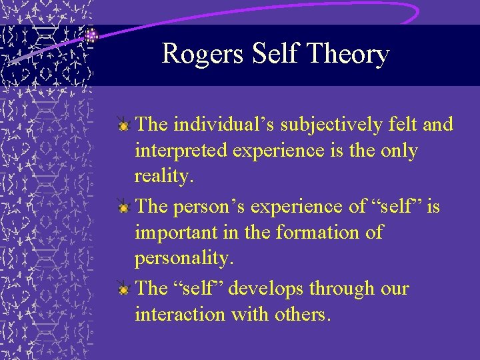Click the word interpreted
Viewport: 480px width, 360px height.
pos(182,151)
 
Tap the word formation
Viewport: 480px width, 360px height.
pos(322,233)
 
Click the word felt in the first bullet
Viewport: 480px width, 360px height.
pos(409,124)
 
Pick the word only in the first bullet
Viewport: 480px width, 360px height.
pos(398,151)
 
